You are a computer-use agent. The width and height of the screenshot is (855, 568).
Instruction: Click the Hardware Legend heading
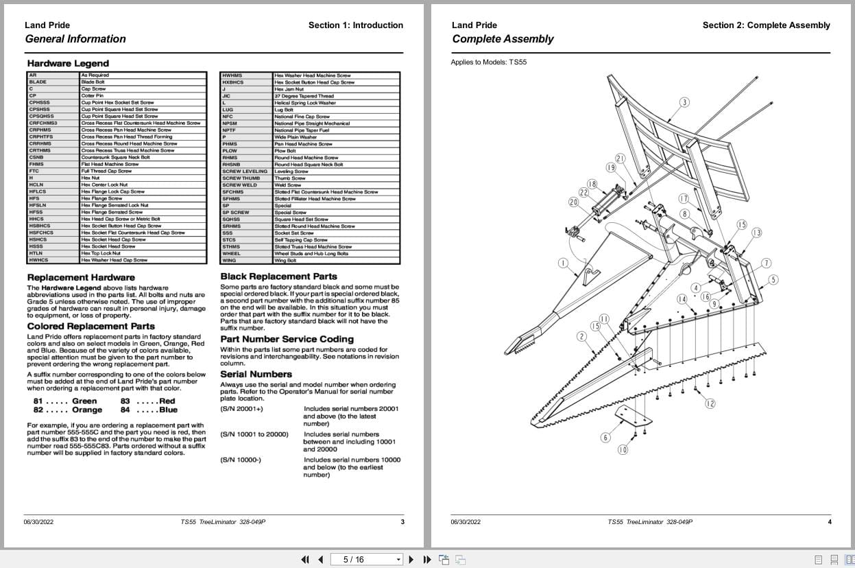68,64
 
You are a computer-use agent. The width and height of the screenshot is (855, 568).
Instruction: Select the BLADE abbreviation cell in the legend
38,82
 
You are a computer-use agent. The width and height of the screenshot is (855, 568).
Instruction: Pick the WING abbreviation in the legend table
229,261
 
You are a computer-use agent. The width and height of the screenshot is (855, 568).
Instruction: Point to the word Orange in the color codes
87,410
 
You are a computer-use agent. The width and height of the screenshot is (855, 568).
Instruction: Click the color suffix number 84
125,410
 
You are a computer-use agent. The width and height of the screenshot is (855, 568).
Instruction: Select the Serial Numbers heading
256,375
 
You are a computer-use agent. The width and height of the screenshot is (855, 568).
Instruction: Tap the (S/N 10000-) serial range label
241,460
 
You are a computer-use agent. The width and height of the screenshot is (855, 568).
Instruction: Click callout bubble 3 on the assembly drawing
684,103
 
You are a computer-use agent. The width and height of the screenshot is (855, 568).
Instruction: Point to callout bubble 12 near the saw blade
710,403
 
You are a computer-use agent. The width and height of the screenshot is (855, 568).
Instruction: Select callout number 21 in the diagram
620,158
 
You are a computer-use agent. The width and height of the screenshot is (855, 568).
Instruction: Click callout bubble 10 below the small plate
623,450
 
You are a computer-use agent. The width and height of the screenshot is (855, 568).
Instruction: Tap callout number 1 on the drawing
563,263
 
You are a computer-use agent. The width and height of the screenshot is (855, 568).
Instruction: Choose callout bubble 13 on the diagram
756,233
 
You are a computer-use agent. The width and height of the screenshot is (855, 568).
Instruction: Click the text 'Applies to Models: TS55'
489,62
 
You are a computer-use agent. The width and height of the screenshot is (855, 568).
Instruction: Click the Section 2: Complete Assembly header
766,25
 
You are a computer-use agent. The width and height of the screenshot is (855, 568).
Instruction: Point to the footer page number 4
829,522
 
